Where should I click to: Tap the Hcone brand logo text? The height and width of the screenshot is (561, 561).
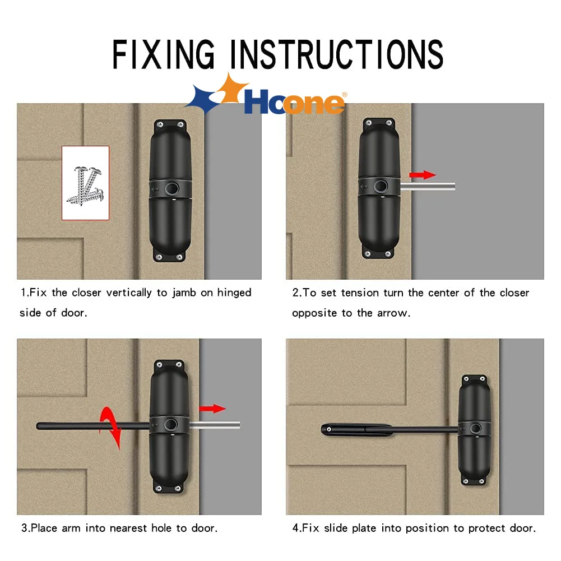(294, 101)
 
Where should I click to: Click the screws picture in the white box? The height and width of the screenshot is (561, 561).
(85, 186)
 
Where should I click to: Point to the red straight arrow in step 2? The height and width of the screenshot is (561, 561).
(423, 175)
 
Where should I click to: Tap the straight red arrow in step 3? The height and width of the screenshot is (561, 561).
(212, 409)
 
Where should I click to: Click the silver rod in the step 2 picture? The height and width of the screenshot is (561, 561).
(428, 187)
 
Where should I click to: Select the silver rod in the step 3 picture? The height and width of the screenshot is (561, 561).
(214, 425)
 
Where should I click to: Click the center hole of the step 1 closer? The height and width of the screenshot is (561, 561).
(172, 188)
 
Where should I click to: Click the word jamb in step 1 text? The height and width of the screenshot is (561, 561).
(184, 293)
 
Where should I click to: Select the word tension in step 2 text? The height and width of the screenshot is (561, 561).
(360, 293)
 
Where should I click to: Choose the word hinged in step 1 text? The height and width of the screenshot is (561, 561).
(234, 293)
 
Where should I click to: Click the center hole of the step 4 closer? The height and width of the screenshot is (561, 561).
(476, 428)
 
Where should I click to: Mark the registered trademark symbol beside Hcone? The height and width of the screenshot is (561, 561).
(345, 95)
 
